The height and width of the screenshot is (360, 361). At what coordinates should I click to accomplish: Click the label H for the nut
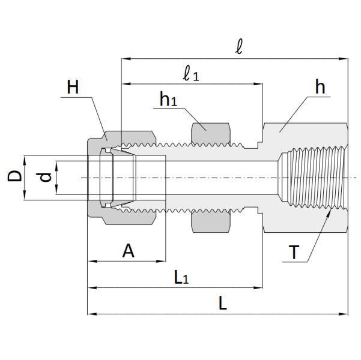click(x=73, y=87)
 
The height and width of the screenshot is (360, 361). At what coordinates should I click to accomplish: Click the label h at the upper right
click(x=320, y=88)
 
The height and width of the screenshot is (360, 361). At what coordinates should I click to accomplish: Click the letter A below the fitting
click(x=128, y=251)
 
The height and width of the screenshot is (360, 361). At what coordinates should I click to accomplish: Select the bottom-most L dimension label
click(x=223, y=303)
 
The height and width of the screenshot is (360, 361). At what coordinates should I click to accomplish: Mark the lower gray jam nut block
click(x=210, y=223)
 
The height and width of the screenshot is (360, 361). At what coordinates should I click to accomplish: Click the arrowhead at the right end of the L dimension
click(x=345, y=313)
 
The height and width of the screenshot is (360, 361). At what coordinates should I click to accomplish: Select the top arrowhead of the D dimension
click(x=25, y=158)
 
